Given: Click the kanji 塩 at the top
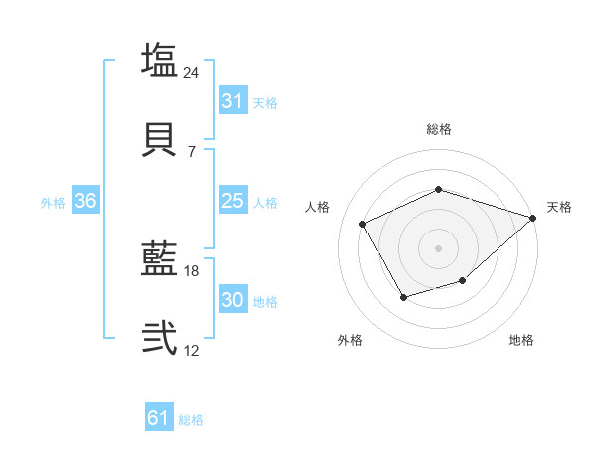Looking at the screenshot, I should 159,60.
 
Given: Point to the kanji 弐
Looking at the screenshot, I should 159,338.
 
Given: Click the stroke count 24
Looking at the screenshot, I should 192,72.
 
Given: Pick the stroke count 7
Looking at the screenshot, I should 192,151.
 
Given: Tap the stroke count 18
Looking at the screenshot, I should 192,270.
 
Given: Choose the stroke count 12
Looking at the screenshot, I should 192,350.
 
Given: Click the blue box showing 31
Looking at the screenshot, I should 232,101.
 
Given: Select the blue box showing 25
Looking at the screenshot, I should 232,201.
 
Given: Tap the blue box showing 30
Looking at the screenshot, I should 232,300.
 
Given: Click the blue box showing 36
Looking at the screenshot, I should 86,201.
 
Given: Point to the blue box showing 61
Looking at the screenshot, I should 159,418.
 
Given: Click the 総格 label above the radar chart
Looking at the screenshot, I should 438,129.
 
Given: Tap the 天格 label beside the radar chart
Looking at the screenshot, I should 559,207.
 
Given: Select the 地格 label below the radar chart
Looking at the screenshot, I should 521,341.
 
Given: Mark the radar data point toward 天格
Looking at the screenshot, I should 534,217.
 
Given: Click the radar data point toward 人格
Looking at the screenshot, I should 363,224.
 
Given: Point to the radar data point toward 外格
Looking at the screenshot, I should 403,297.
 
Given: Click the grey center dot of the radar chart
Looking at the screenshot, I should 438,247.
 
